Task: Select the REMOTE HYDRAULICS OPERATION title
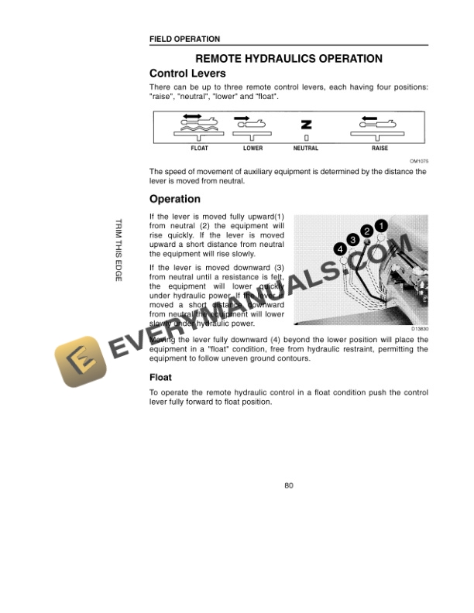coord(288,59)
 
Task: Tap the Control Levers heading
coord(187,74)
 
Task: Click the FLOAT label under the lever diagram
coord(200,148)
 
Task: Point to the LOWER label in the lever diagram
coord(252,148)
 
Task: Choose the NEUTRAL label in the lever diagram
coord(306,148)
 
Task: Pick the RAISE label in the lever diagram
coord(380,148)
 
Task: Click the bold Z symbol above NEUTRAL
coord(306,124)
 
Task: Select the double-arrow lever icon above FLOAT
coord(199,121)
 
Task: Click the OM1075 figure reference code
coord(419,161)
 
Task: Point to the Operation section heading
coord(174,200)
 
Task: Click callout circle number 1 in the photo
coord(381,226)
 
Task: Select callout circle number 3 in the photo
coord(352,240)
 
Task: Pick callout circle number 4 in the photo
coord(339,248)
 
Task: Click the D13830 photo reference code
coord(419,330)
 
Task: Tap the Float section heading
coord(160,378)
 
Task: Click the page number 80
coord(288,486)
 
